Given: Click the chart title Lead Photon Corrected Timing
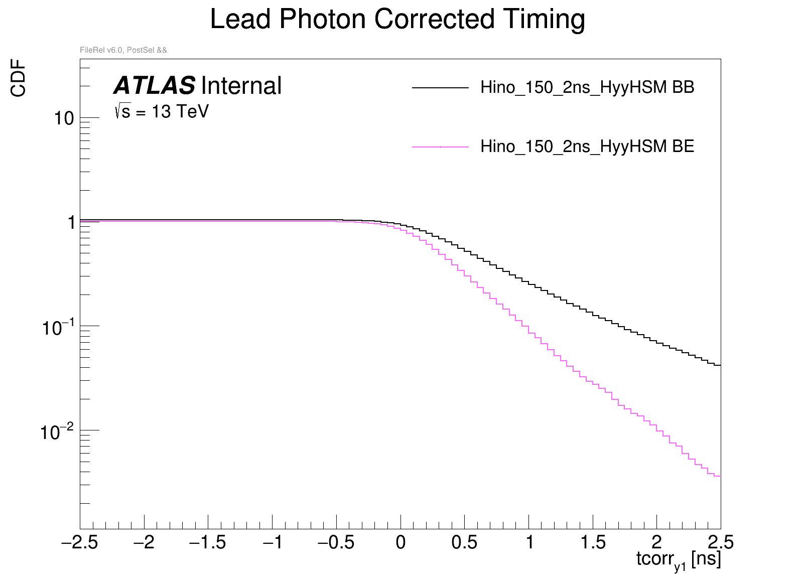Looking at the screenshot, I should point(397,20).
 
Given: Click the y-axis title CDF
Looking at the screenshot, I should point(19,78).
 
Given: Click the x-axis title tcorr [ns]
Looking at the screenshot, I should point(678,559).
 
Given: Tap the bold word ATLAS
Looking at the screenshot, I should point(154,86).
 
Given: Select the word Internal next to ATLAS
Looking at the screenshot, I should point(241,86).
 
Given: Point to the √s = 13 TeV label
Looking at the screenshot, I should point(161,111).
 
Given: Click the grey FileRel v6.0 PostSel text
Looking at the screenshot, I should point(123,50).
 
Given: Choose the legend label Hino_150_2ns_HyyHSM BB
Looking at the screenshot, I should point(587,87).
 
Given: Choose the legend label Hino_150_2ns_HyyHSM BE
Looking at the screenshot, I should point(587,146).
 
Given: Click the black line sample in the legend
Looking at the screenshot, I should point(440,88).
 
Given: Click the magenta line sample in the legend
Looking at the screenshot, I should point(440,147).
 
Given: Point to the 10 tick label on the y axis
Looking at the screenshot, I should point(64,119).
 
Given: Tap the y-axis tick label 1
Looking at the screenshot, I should point(71,223).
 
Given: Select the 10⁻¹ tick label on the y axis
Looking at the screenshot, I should point(58,328).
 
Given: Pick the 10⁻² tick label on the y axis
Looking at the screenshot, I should point(57,431).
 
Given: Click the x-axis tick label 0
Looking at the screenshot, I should point(400,542).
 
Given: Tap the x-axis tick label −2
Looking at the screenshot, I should point(144,542).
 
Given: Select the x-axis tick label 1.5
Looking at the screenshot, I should point(593,542).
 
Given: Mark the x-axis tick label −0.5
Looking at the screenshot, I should point(336,542).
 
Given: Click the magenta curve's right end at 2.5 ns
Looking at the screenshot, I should point(718,476).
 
